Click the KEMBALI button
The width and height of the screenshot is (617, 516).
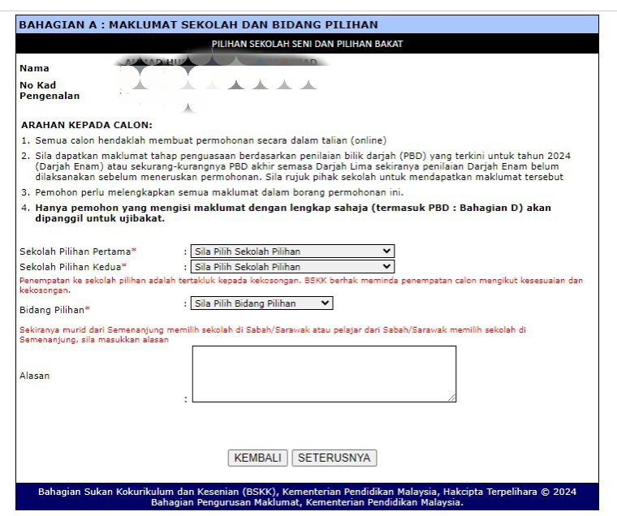(x=257, y=458)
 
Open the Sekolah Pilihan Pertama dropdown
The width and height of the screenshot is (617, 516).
(x=292, y=252)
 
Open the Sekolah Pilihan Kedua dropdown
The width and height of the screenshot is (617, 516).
(x=292, y=266)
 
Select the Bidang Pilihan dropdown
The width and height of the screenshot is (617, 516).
(x=261, y=303)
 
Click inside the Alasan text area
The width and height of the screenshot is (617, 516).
(x=323, y=373)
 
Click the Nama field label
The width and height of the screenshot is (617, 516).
(x=34, y=68)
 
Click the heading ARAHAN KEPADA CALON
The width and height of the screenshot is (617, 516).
(x=86, y=125)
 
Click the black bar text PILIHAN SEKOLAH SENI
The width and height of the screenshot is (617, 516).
(x=307, y=44)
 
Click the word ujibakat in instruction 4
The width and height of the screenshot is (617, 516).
(x=142, y=219)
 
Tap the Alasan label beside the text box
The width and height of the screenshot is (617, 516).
(x=34, y=376)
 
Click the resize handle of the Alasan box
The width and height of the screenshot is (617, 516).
(x=451, y=398)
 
